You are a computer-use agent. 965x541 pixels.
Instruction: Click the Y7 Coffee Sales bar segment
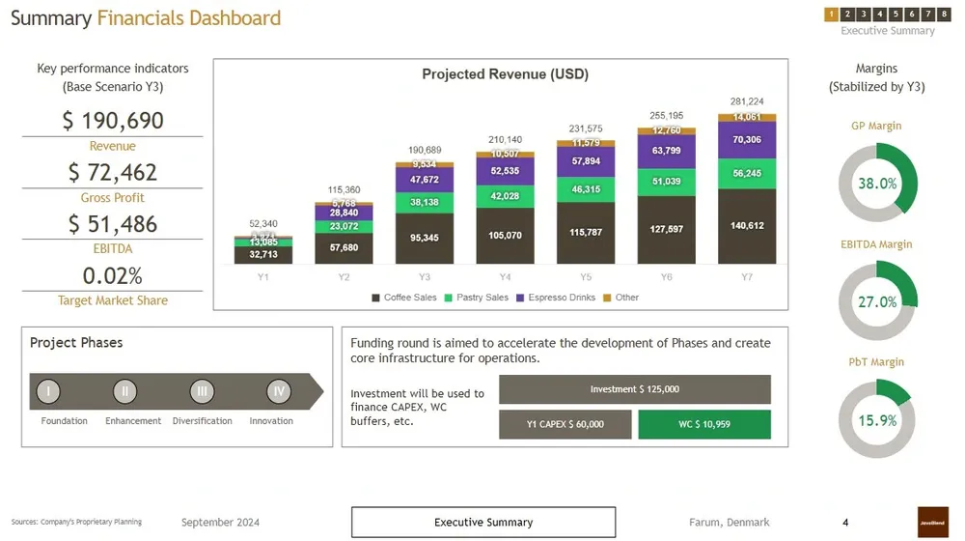coord(747,226)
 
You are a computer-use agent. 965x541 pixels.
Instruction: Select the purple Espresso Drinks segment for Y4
coord(506,171)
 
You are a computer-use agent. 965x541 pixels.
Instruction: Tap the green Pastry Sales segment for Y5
coord(586,189)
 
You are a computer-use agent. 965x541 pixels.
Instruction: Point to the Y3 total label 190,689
coord(425,150)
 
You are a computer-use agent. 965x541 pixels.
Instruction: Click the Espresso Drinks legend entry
coord(556,298)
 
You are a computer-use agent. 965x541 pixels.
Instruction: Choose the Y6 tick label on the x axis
coord(666,277)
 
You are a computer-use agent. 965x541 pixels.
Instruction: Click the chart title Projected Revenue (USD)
coord(505,74)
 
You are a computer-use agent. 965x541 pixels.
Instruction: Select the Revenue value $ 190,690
coord(113,121)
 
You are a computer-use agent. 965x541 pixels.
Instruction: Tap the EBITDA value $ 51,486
coord(113,224)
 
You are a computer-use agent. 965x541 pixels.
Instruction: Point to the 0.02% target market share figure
coord(113,275)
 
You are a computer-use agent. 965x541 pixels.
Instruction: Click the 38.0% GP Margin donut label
coord(877,184)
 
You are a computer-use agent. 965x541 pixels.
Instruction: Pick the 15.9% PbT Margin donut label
coord(877,420)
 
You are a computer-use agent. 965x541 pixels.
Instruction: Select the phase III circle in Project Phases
coord(202,391)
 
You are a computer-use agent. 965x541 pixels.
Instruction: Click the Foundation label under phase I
coord(65,421)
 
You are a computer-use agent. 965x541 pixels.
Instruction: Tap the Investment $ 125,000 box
coord(634,389)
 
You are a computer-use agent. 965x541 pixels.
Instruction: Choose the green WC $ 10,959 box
coord(704,424)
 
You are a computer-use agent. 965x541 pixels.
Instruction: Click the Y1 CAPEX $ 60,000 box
coord(565,424)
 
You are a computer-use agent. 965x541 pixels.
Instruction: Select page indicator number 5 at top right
coord(896,14)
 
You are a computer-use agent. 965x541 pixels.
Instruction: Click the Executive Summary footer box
coord(482,523)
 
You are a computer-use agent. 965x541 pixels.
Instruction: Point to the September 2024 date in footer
coord(220,523)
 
